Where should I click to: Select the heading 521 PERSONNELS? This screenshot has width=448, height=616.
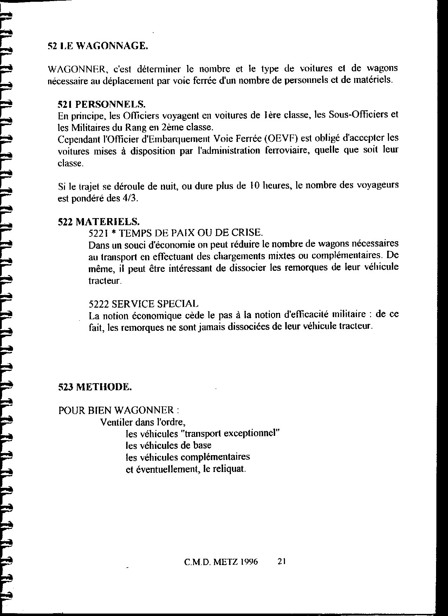click(101, 104)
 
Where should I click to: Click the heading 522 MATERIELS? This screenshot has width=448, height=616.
click(99, 222)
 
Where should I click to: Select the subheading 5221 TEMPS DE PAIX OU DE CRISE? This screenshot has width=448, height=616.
click(176, 233)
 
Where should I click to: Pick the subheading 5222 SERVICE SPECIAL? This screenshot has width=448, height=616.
click(144, 303)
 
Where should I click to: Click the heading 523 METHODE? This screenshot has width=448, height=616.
click(95, 387)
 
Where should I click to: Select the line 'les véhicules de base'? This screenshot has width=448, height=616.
click(169, 445)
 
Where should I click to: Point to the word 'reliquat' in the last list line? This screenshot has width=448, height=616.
click(230, 469)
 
